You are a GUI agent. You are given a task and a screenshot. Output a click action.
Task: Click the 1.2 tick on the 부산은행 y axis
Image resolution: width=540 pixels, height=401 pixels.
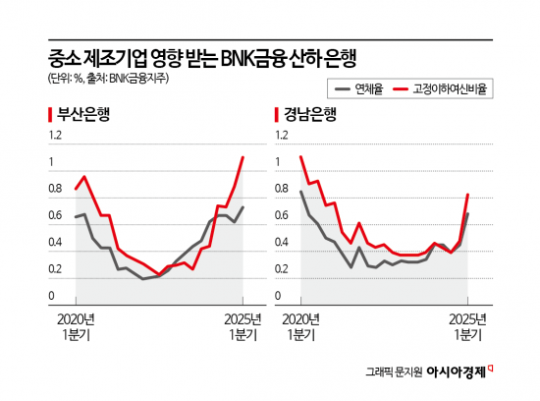pyautogui.click(x=55, y=135)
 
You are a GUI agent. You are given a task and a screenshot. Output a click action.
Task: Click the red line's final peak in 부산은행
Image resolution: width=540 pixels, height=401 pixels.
pyautogui.click(x=243, y=157)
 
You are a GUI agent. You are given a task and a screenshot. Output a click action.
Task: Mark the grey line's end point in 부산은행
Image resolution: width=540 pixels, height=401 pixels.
pyautogui.click(x=243, y=207)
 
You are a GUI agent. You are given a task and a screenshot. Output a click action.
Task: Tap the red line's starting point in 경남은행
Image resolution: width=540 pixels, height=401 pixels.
pyautogui.click(x=301, y=157)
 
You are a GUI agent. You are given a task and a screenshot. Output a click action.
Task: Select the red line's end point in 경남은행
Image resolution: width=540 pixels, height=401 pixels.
pyautogui.click(x=468, y=195)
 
